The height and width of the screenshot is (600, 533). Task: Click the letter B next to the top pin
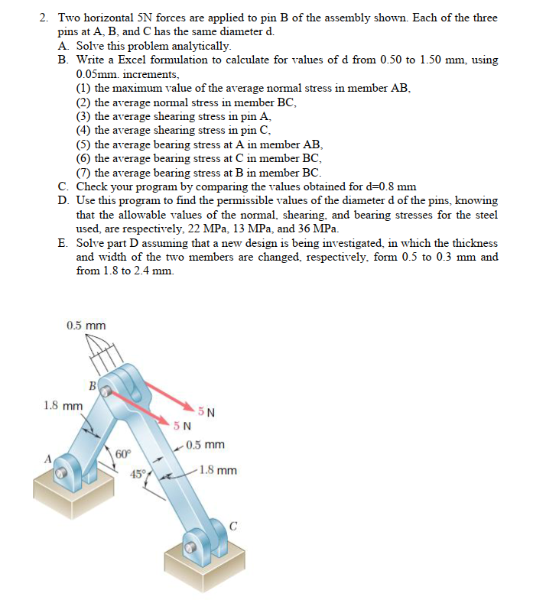pos(92,386)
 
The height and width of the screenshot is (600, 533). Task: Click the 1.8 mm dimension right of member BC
pos(218,470)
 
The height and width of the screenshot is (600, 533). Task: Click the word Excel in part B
pos(129,60)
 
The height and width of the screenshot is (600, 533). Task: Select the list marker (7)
pos(83,172)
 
